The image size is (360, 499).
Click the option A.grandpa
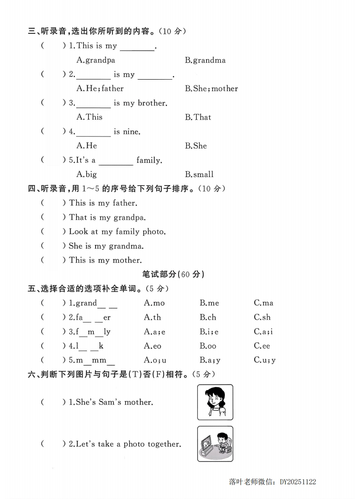click(x=96, y=60)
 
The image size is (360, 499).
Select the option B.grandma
click(x=205, y=60)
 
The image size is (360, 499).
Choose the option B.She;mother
click(x=212, y=89)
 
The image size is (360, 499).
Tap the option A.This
click(x=89, y=117)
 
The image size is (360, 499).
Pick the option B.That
click(x=198, y=117)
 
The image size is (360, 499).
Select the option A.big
click(x=86, y=174)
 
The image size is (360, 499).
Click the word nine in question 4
click(x=131, y=132)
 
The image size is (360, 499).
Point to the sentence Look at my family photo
click(x=117, y=232)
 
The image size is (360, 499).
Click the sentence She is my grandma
click(x=106, y=246)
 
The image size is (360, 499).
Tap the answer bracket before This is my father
click(x=53, y=203)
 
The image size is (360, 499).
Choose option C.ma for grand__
click(x=264, y=303)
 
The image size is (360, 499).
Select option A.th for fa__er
click(x=152, y=317)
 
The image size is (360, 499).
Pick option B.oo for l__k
click(x=208, y=346)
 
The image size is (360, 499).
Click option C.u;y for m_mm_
click(x=265, y=360)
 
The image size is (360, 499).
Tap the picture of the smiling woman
click(x=215, y=402)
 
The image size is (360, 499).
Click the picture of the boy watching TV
click(x=215, y=444)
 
